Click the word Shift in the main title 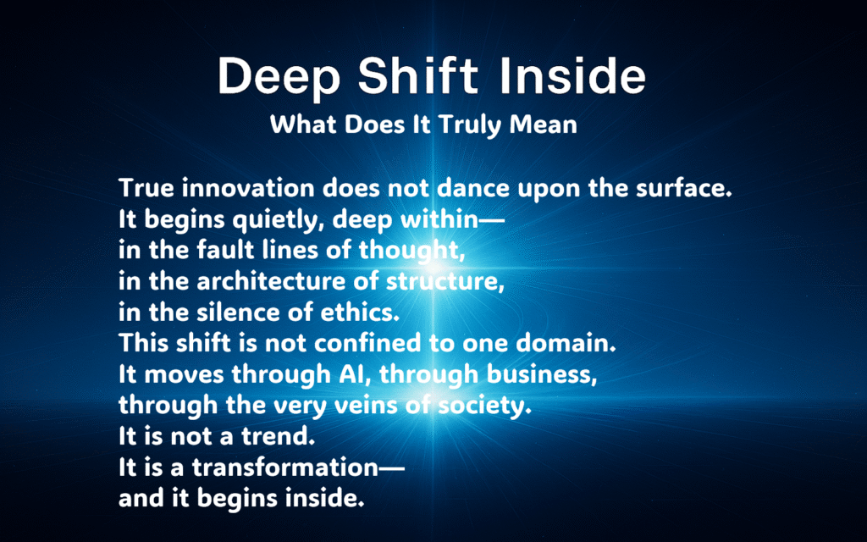click(418, 75)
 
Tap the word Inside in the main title click(572, 75)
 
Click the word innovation click(249, 189)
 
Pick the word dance click(473, 189)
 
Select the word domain click(566, 344)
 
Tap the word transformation click(285, 467)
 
